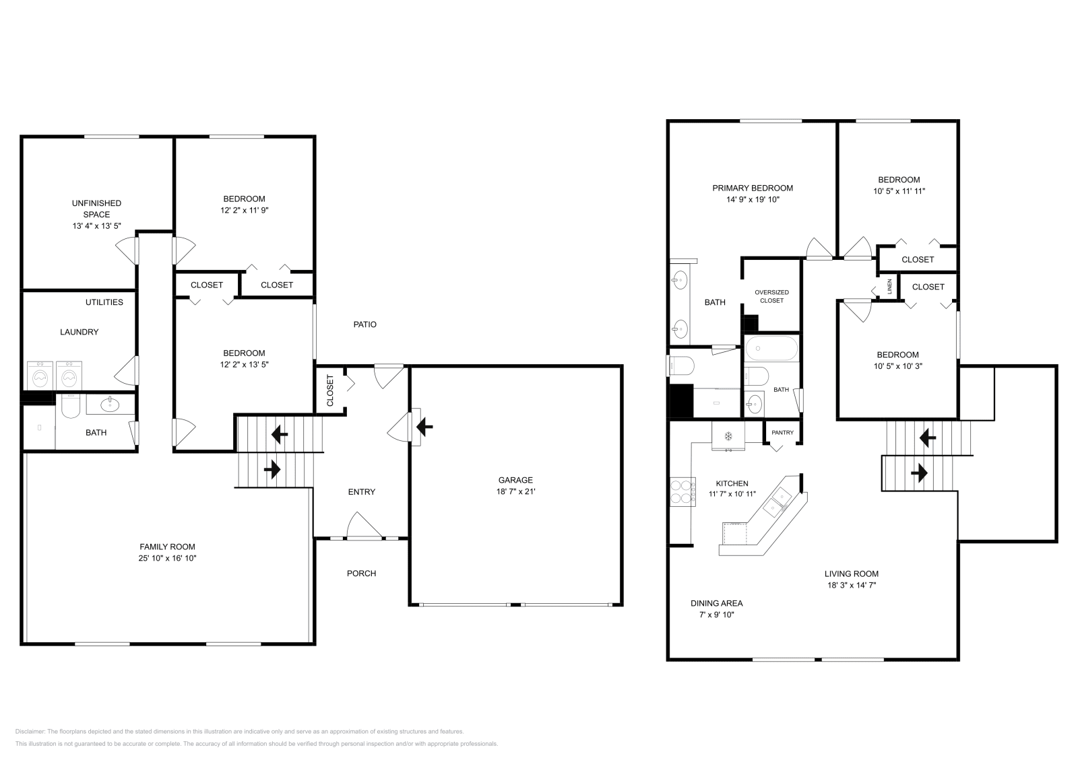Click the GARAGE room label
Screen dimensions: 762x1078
click(x=515, y=480)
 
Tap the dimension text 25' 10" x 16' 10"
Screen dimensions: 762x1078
click(x=167, y=558)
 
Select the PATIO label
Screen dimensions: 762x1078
click(x=364, y=324)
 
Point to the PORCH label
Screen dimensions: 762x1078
click(x=361, y=574)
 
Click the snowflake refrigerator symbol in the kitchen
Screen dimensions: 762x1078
click(x=728, y=436)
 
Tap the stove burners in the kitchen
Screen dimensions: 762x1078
click(x=681, y=491)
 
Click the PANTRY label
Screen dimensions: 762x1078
click(x=782, y=433)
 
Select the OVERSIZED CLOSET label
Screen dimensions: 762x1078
click(x=771, y=296)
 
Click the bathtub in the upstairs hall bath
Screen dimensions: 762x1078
click(x=771, y=349)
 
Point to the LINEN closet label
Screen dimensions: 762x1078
click(x=889, y=286)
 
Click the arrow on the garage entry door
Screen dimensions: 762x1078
click(x=424, y=426)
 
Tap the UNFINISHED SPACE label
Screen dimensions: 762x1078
click(x=96, y=209)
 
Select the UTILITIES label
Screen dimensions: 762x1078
click(x=104, y=302)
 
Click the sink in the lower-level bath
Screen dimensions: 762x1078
click(x=110, y=404)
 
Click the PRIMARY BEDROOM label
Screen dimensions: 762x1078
click(x=753, y=188)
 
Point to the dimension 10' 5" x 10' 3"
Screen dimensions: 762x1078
click(x=897, y=366)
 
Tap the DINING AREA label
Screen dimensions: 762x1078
click(x=716, y=603)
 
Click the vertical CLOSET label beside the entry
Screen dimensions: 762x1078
click(x=330, y=390)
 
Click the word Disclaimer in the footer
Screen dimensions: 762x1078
click(x=30, y=731)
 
